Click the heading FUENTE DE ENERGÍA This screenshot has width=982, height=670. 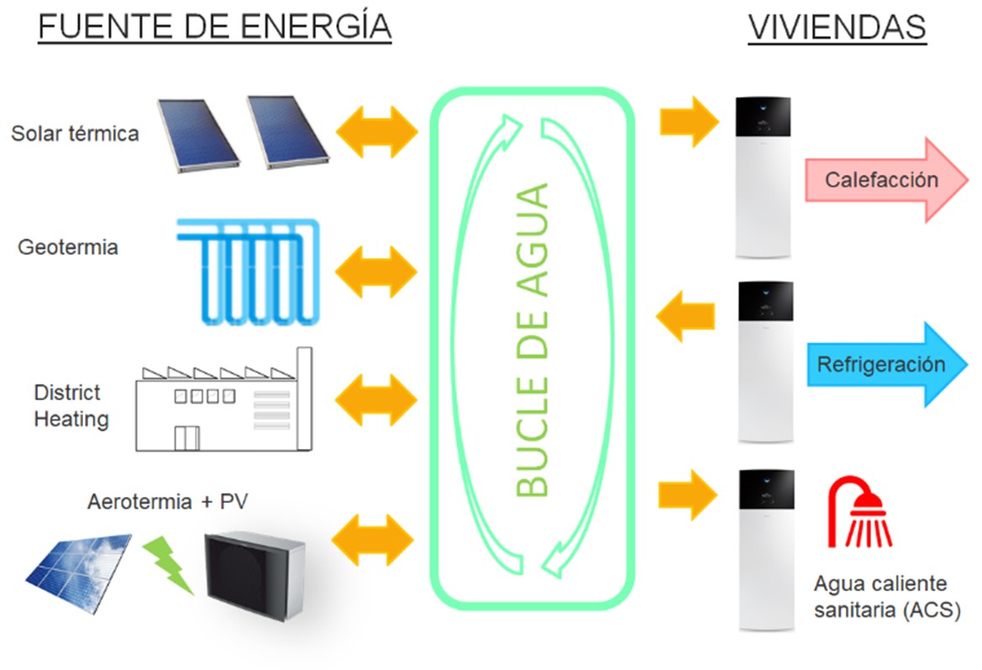(x=215, y=28)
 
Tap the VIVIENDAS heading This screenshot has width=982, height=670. (x=837, y=28)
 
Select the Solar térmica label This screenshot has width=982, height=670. (x=75, y=133)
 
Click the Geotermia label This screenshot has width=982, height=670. (x=68, y=248)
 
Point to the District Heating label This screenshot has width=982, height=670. (x=71, y=405)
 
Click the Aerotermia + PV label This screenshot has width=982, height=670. (x=168, y=502)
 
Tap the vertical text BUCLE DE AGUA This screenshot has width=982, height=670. (x=531, y=340)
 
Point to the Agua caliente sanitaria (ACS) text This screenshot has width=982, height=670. (x=885, y=597)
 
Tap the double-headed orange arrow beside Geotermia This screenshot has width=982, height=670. (x=376, y=271)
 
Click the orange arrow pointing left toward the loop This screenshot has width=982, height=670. (x=685, y=317)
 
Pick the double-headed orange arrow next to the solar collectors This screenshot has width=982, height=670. (x=376, y=131)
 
